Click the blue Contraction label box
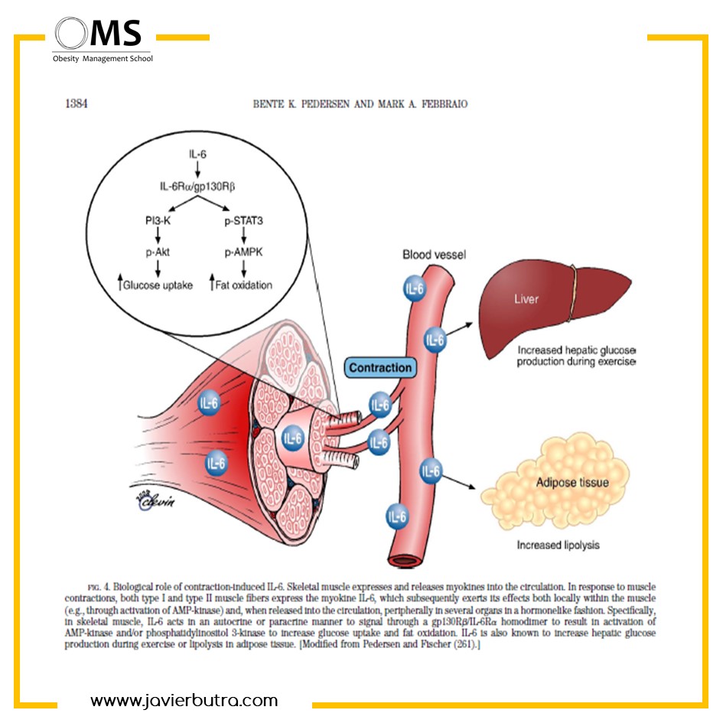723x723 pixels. coord(380,367)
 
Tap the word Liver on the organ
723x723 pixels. coord(526,299)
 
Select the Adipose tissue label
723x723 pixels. coord(572,482)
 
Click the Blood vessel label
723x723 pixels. coord(434,255)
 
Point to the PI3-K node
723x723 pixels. coord(158,220)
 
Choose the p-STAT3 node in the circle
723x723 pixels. coord(243,221)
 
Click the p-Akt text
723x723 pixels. coord(158,252)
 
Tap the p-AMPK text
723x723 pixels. coord(243,252)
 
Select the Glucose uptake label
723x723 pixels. coord(158,285)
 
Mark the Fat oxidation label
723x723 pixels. coord(243,285)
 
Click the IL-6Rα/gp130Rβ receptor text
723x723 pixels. coord(197,186)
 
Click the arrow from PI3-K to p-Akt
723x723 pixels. coord(158,236)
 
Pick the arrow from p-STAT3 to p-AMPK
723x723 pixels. coord(243,236)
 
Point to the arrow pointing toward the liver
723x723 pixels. coord(460,329)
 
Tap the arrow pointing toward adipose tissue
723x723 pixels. coord(458,481)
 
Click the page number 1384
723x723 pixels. coord(76,103)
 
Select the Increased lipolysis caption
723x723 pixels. coord(558,545)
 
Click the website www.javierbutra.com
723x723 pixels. coord(184,700)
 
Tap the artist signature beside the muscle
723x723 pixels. coord(155,500)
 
